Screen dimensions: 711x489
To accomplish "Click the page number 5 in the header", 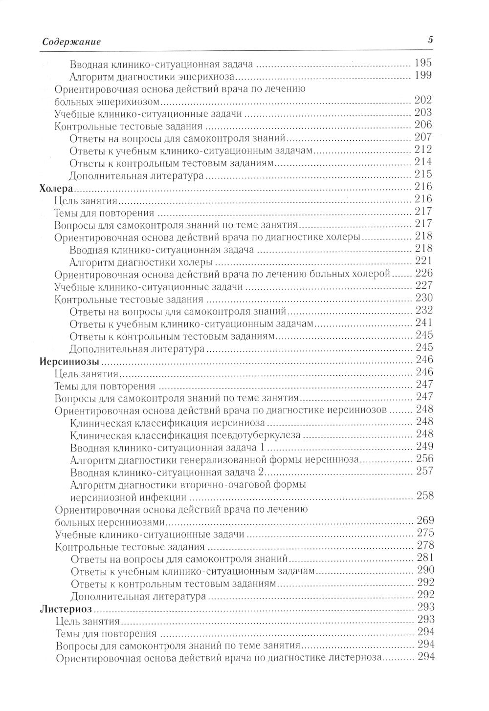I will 430,40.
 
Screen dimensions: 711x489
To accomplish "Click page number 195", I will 422,64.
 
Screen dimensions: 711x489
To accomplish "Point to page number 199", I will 422,76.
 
